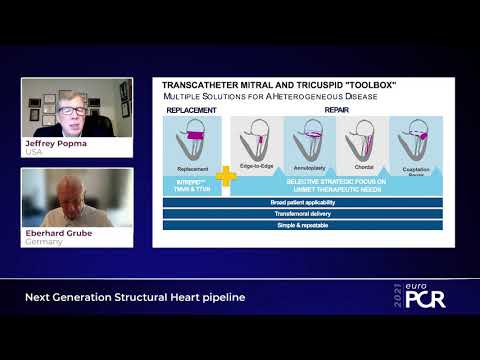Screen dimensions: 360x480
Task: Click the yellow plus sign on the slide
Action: tap(226, 177)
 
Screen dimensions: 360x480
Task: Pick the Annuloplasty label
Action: tap(310, 167)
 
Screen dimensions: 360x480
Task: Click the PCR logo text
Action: tap(427, 297)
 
